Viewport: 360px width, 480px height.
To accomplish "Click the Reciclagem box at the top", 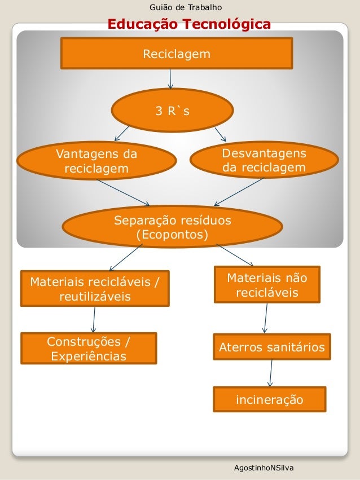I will coord(176,54).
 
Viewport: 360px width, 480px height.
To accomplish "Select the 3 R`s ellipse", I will coord(173,111).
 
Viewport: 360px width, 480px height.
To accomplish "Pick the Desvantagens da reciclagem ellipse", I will coord(264,161).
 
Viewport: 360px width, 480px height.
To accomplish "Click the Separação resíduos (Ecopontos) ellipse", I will coord(172,227).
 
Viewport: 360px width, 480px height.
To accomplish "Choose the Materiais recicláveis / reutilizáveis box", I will coord(95,288).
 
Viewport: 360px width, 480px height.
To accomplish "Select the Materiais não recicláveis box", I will coord(267,285).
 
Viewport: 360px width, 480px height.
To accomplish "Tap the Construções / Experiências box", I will coord(89,349).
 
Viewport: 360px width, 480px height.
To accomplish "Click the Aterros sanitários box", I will coord(271,347).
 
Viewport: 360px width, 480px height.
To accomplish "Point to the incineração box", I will coord(269,400).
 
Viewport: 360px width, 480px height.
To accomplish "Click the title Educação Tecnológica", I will coord(188,24).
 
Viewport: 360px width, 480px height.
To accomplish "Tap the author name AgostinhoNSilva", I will coord(264,469).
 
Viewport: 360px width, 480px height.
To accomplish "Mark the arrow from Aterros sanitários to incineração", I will coord(271,373).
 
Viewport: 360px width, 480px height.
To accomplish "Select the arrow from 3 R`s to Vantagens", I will coord(122,133).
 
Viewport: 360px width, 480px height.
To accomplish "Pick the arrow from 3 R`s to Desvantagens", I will coord(220,134).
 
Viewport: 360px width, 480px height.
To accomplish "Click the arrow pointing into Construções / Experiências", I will coord(93,319).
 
